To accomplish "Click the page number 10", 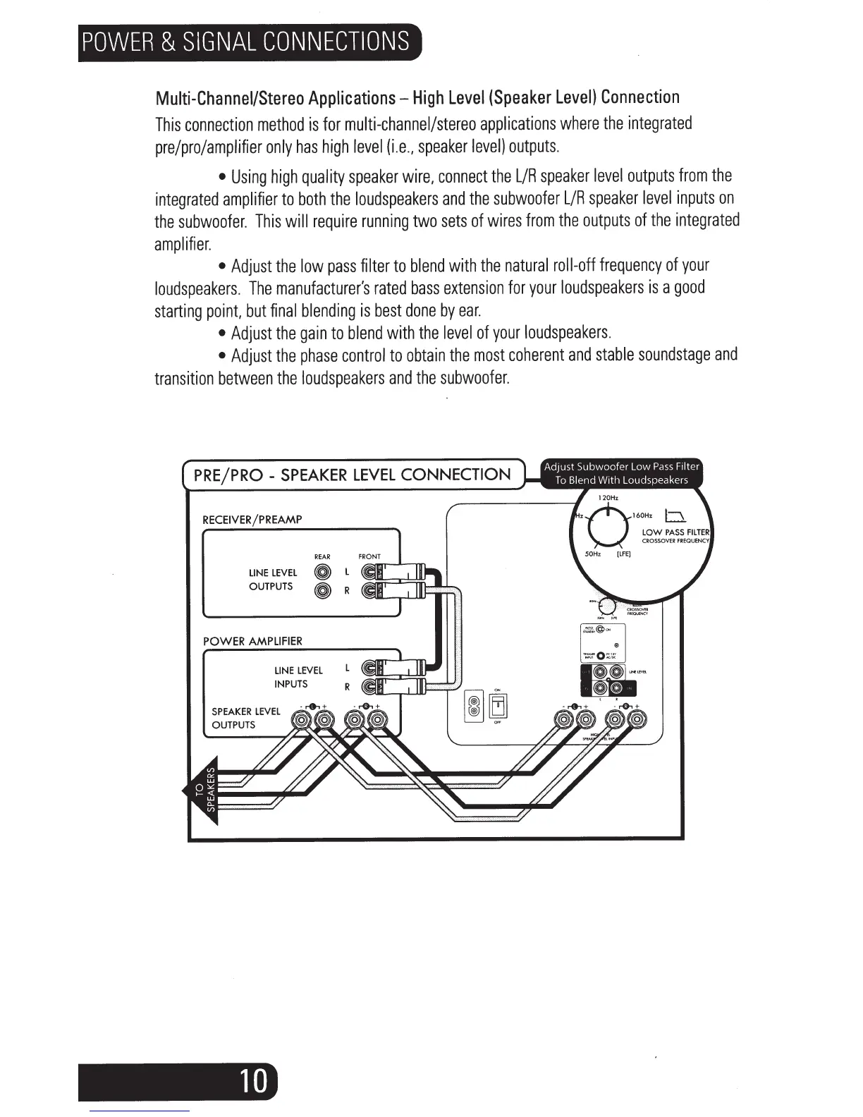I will click(x=253, y=1080).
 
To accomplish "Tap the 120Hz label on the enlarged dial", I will click(x=607, y=498).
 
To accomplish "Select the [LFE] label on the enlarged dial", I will click(x=623, y=554).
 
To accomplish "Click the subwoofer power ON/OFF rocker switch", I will click(x=497, y=705).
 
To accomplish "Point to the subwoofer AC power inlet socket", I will click(x=475, y=705).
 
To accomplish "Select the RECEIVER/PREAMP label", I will click(x=252, y=520).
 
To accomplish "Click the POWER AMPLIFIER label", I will click(x=252, y=641).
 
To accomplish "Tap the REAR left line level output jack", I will click(x=323, y=573).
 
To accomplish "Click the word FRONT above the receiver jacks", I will click(x=369, y=556).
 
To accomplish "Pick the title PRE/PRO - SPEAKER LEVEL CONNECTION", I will click(x=352, y=475).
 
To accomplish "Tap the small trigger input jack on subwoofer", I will click(x=599, y=656).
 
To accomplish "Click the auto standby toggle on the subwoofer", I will click(x=600, y=629).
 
